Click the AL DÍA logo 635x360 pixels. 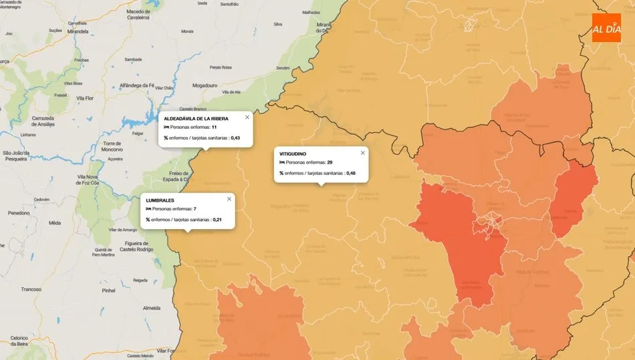(606, 27)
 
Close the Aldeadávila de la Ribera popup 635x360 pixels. (247, 117)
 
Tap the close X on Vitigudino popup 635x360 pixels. (363, 152)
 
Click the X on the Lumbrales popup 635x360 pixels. (229, 198)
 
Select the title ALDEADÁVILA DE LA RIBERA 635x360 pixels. (196, 118)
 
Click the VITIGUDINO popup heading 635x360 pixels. (293, 154)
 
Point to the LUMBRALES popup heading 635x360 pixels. (160, 200)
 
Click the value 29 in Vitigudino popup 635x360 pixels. (330, 162)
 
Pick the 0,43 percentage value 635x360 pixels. (235, 138)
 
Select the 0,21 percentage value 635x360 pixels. (217, 219)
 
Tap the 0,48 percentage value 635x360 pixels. (351, 173)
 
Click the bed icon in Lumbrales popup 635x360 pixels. (148, 209)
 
